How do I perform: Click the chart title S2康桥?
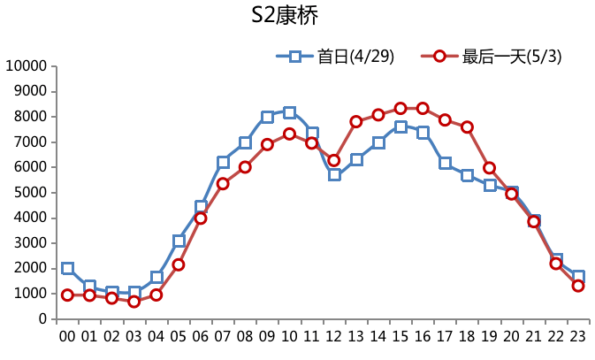tap(285, 17)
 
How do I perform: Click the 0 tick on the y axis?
tap(41, 319)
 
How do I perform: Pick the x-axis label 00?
tap(67, 337)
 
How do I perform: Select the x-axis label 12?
tap(333, 337)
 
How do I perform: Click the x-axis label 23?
tap(577, 337)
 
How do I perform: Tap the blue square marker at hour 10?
tap(289, 112)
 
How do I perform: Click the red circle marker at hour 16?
tap(423, 108)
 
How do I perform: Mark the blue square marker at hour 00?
tap(67, 268)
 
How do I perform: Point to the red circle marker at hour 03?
tap(134, 302)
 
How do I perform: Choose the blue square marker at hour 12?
tap(334, 174)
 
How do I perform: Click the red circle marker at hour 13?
tap(356, 121)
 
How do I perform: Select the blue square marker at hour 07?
tap(223, 162)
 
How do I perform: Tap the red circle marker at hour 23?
tap(578, 286)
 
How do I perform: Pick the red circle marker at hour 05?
tap(179, 264)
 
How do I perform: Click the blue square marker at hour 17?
tap(445, 163)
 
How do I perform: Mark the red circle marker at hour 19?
tap(489, 167)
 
